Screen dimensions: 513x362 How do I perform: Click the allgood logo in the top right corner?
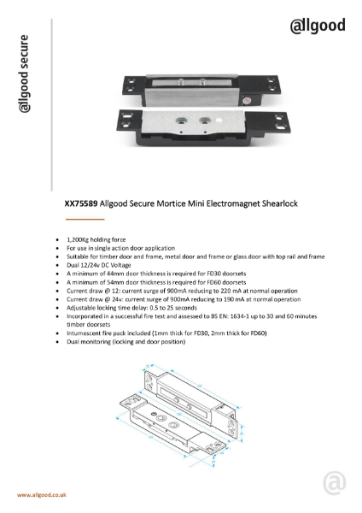point(318,26)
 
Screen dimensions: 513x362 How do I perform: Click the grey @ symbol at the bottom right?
point(336,484)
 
